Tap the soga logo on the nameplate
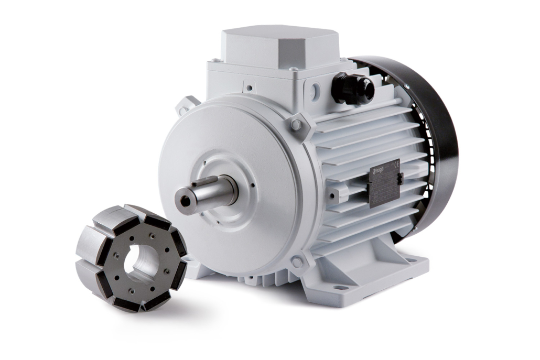pyautogui.click(x=379, y=170)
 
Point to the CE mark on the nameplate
pyautogui.click(x=397, y=164)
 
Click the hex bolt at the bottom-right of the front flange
pyautogui.click(x=297, y=261)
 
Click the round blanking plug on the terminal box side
pyautogui.click(x=315, y=92)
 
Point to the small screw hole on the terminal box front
pyautogui.click(x=250, y=88)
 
